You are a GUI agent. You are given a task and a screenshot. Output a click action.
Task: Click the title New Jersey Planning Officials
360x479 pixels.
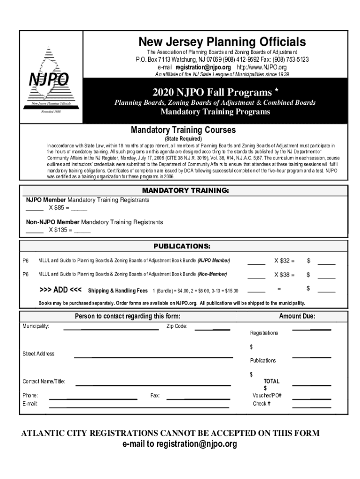pos(222,42)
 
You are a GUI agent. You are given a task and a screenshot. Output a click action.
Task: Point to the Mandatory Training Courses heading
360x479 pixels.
pos(183,130)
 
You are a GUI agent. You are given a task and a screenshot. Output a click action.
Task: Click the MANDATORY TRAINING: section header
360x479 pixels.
pos(185,191)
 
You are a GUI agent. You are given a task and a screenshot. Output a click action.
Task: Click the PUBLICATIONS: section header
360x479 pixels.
pos(182,246)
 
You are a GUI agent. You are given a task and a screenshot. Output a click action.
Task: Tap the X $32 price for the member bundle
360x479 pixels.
pos(284,261)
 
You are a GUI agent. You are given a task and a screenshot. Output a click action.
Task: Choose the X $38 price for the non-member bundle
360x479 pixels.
pos(284,275)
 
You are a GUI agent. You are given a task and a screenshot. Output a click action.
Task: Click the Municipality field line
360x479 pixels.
pos(111,329)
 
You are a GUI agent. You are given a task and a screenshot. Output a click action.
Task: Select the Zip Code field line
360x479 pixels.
pos(212,329)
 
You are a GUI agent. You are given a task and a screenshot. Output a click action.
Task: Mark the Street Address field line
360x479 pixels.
pos(153,357)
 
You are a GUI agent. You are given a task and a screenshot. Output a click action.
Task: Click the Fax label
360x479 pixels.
pos(155,396)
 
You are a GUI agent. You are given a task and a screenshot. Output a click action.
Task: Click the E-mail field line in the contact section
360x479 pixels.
pos(139,407)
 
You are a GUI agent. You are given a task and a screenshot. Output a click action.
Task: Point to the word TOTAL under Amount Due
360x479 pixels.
pos(271,381)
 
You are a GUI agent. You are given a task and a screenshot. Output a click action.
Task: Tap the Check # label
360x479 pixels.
pos(262,403)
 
